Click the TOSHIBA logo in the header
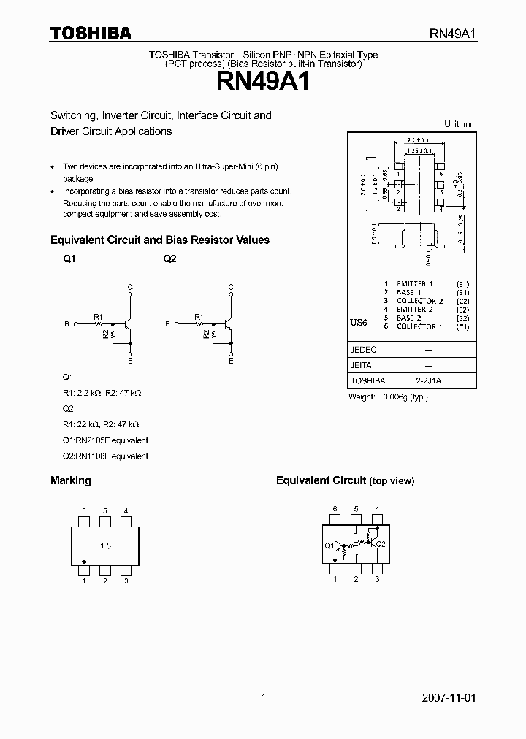(91, 33)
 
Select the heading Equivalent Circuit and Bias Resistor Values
(159, 240)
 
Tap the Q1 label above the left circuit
(69, 259)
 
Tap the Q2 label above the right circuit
(169, 259)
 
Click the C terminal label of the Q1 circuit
(130, 287)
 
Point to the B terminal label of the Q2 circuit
(167, 323)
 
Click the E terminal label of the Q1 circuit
(130, 360)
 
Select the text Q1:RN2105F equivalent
(105, 440)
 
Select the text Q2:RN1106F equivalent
(105, 456)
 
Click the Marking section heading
(70, 480)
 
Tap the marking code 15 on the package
(105, 546)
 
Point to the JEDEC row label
(364, 350)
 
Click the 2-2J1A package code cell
(429, 380)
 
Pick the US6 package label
(359, 322)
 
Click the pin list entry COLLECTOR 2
(419, 301)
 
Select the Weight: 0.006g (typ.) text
(388, 397)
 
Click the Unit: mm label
(460, 124)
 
